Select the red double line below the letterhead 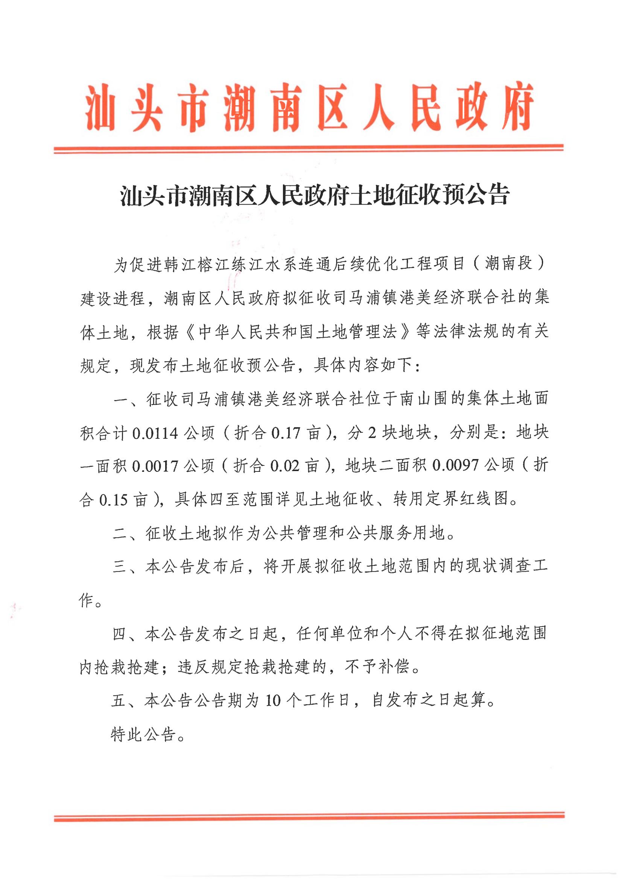pos(309,149)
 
